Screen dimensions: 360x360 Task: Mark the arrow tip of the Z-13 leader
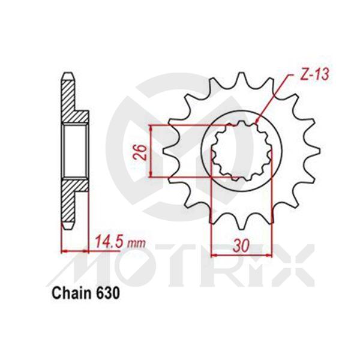tap(257, 122)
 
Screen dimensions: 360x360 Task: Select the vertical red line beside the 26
tap(151, 151)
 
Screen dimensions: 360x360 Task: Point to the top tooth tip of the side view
tap(67, 77)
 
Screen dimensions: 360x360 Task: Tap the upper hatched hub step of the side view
tap(78, 116)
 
